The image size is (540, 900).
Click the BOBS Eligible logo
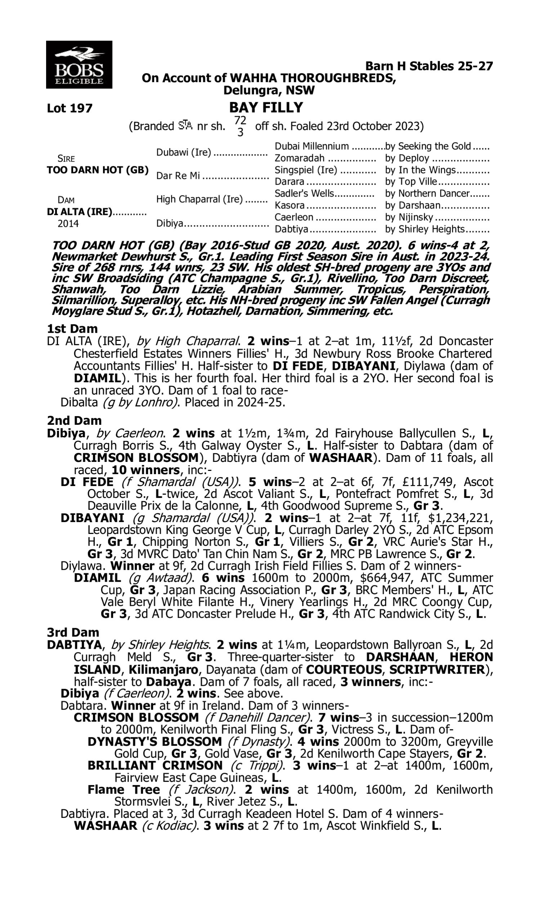click(x=79, y=65)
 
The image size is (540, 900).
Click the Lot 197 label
click(x=70, y=108)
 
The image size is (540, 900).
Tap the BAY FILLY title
click(x=266, y=107)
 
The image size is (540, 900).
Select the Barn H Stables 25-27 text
click(x=429, y=66)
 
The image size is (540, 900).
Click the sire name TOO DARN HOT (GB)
click(x=98, y=170)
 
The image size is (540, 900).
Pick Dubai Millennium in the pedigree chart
click(x=311, y=146)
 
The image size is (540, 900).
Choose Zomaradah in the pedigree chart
click(x=299, y=158)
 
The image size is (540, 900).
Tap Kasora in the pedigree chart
click(x=289, y=206)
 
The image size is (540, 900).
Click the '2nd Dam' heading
click(x=74, y=420)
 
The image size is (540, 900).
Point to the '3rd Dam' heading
click(x=73, y=632)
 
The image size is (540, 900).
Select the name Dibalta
click(x=79, y=402)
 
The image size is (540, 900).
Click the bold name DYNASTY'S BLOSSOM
click(x=155, y=741)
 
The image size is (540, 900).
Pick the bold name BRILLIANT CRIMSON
click(x=155, y=765)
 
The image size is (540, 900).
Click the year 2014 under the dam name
click(x=68, y=223)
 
